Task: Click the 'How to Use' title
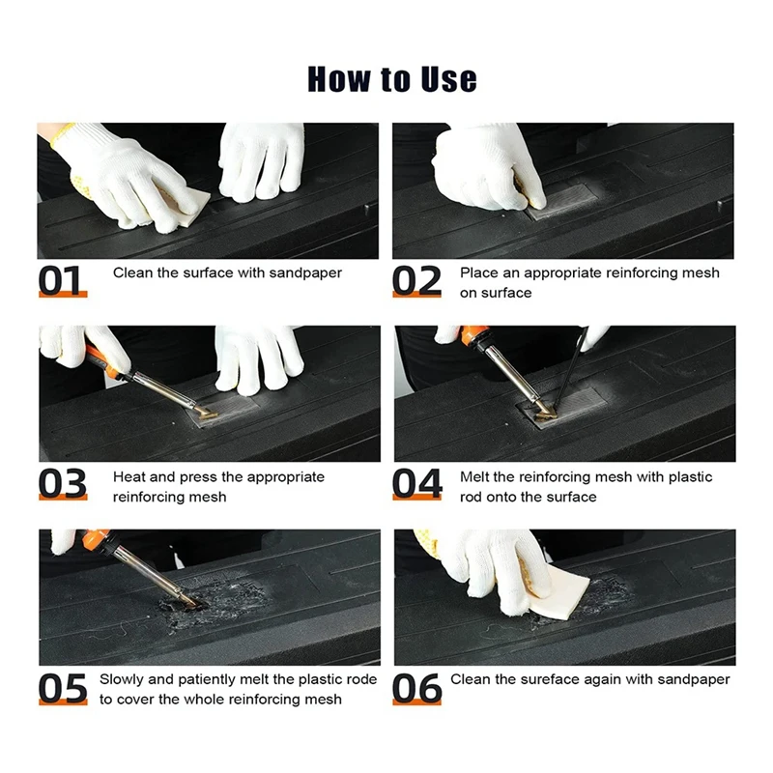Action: pos(392,79)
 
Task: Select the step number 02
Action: pos(416,280)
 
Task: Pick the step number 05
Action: pos(63,688)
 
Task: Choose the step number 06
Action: pos(417,688)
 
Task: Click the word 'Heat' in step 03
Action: pos(129,476)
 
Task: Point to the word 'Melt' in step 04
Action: pos(474,476)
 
